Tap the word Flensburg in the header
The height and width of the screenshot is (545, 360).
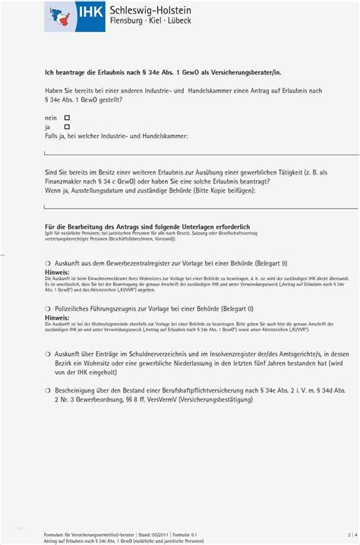pyautogui.click(x=132, y=21)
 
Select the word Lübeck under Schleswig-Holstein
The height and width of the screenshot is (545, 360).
pyautogui.click(x=175, y=21)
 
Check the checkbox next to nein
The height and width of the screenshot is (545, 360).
pyautogui.click(x=67, y=118)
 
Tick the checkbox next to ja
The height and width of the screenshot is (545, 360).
pyautogui.click(x=67, y=127)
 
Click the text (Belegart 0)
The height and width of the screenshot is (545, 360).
pyautogui.click(x=234, y=310)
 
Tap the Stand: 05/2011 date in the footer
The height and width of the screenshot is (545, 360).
pyautogui.click(x=149, y=534)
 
